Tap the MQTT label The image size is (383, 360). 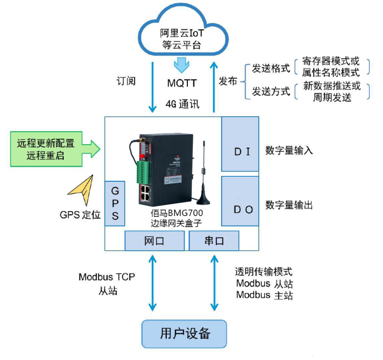pos(182,83)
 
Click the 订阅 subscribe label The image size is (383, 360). pos(127,81)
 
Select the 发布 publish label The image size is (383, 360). pos(228,81)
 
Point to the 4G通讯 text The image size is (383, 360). pos(182,104)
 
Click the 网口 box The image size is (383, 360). pos(154,241)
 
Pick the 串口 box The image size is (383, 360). pos(214,241)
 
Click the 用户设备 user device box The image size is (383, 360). pos(185,333)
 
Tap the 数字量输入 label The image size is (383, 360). pos(289,150)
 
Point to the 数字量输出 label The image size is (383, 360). pos(289,205)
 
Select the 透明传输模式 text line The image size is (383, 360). pos(264,271)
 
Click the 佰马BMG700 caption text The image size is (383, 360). pos(176,213)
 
